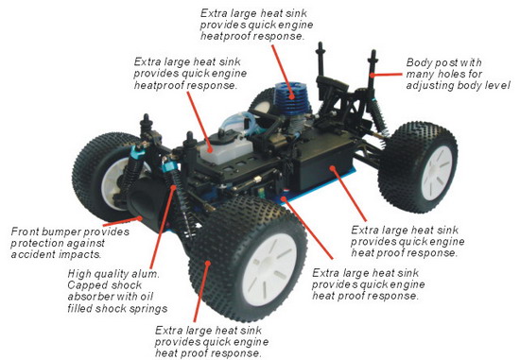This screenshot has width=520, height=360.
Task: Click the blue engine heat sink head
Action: (x=292, y=97)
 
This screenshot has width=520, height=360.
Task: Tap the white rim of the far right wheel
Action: (x=437, y=173)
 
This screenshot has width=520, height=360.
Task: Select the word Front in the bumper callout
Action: (x=25, y=231)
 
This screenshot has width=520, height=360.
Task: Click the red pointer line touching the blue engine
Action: (x=282, y=70)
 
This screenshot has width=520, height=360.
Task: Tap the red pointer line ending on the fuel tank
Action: (x=198, y=121)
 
